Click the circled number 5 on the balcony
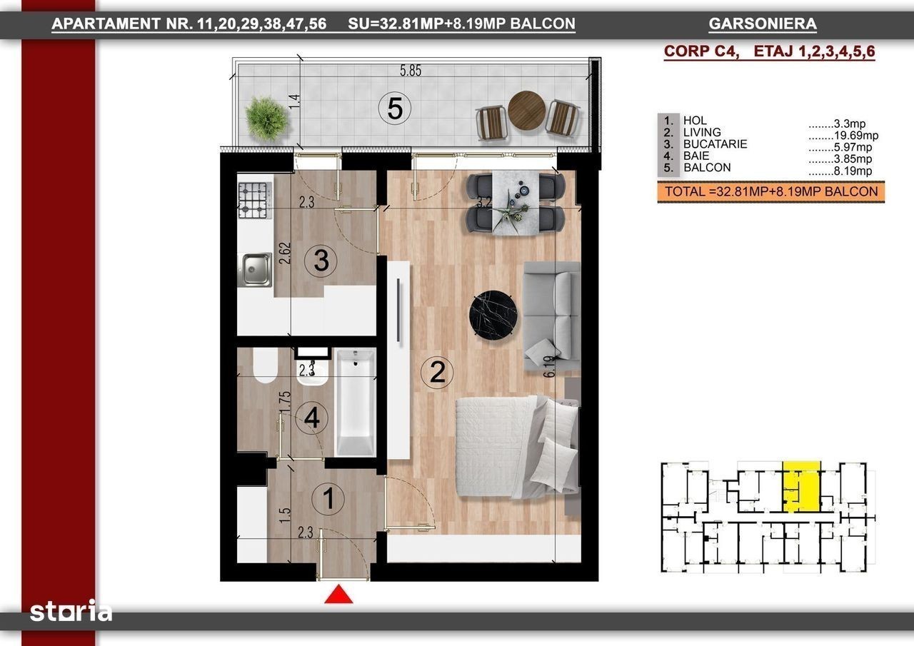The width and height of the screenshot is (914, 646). click(x=395, y=108)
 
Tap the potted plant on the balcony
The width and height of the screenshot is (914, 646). click(x=267, y=118)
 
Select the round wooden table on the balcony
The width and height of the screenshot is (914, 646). click(x=527, y=110)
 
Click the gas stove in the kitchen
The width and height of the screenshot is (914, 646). click(x=255, y=201)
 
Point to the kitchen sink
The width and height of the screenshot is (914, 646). click(x=256, y=269)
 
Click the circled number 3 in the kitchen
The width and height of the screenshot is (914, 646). click(x=321, y=261)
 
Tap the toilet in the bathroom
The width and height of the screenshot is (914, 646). click(x=265, y=365)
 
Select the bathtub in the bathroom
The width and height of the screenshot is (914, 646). click(x=356, y=402)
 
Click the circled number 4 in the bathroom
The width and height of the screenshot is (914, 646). click(x=312, y=418)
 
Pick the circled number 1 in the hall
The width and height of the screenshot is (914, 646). click(x=328, y=499)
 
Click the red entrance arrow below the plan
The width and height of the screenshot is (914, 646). click(x=338, y=594)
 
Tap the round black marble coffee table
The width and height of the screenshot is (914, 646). click(x=493, y=316)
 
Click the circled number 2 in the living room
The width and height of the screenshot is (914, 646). click(x=437, y=373)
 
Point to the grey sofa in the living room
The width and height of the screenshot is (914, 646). click(x=552, y=316)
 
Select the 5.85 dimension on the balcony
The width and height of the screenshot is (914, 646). click(x=410, y=71)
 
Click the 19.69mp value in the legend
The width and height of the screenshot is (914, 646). click(x=856, y=135)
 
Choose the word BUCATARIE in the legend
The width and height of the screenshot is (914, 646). click(x=715, y=144)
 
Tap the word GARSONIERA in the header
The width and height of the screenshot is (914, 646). click(x=763, y=24)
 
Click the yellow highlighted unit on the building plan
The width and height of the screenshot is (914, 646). click(x=802, y=487)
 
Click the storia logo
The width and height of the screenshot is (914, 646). click(x=71, y=611)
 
